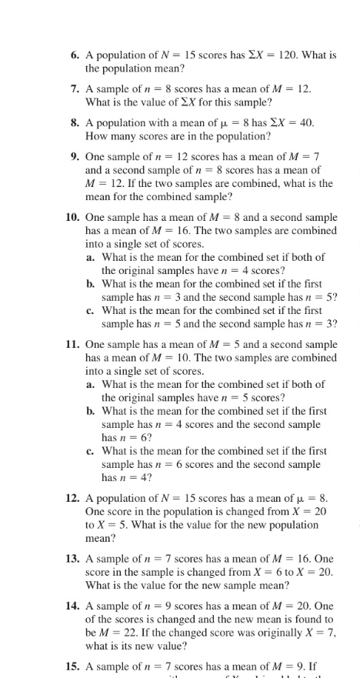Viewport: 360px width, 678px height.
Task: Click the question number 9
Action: [75, 157]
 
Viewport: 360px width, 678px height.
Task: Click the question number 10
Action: [72, 218]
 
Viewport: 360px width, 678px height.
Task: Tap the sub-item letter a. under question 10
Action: [92, 257]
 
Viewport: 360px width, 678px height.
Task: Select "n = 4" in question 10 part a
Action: [230, 270]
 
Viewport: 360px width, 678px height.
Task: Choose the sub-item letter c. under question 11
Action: [92, 451]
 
